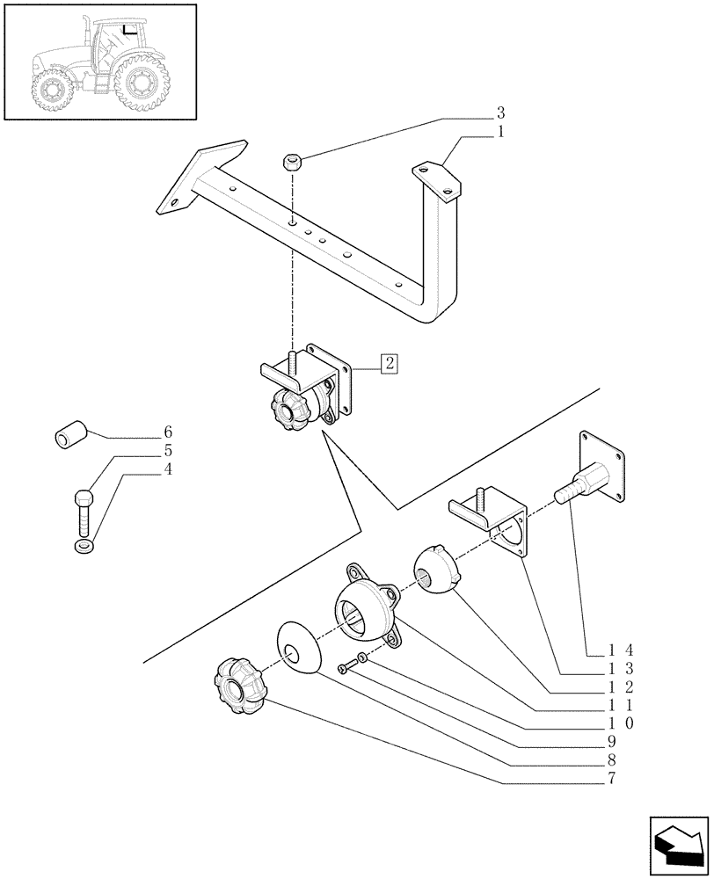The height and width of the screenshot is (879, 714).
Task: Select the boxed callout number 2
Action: (388, 362)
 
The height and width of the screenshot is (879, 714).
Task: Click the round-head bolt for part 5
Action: (82, 509)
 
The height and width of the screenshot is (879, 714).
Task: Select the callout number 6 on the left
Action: (168, 432)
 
